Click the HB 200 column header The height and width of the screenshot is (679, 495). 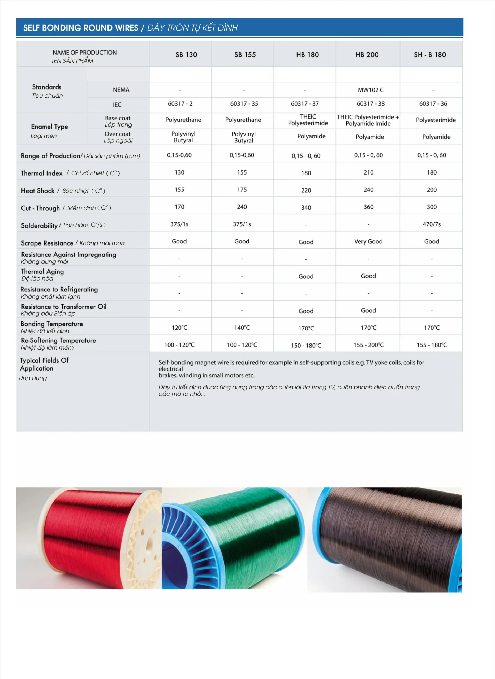click(367, 55)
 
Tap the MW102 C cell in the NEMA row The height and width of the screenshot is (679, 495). click(370, 90)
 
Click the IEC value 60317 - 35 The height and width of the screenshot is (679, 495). click(244, 104)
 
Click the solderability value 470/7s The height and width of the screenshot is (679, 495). click(432, 224)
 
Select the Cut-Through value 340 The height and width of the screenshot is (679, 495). click(306, 207)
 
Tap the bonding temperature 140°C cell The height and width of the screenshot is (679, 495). click(242, 328)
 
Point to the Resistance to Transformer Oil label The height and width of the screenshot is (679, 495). click(63, 307)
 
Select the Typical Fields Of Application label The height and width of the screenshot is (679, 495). click(44, 364)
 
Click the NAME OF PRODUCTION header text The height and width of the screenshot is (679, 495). click(84, 53)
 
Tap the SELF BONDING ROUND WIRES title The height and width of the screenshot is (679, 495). click(81, 28)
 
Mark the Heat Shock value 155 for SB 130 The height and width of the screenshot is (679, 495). click(179, 190)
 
